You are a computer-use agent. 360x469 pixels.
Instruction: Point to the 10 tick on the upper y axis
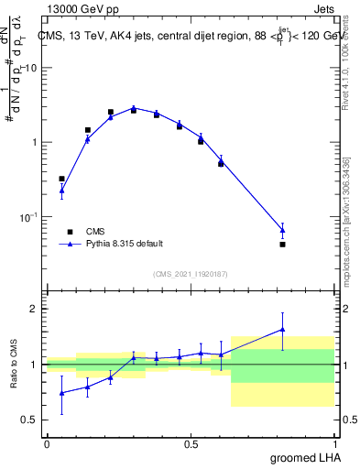[x=31, y=69]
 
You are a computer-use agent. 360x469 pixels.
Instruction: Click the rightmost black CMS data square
[x=282, y=245]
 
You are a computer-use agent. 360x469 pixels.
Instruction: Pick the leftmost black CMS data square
[x=61, y=179]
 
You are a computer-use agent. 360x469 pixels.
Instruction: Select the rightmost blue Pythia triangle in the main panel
[x=282, y=230]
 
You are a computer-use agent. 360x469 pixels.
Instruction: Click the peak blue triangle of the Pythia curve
[x=133, y=107]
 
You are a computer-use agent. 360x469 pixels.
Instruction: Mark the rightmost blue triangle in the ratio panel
[x=282, y=329]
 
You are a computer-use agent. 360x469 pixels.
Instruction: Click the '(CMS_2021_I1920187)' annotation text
[x=190, y=274]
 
